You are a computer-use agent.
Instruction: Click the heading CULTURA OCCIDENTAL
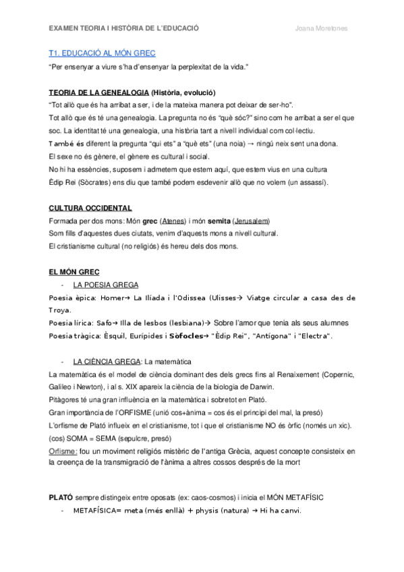click(90, 208)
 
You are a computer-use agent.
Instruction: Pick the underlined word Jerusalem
click(250, 221)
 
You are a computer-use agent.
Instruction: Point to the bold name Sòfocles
click(185, 336)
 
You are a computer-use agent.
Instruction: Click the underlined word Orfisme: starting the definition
click(64, 451)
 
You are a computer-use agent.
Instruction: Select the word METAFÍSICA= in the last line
click(100, 510)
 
